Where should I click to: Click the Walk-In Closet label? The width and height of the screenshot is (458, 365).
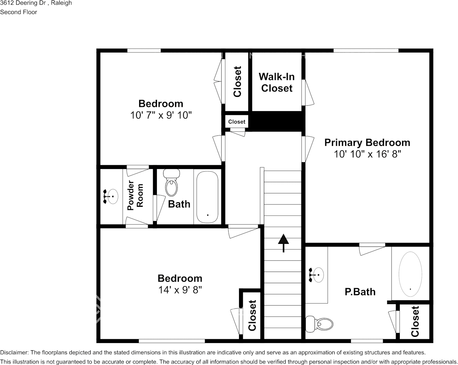click(x=277, y=83)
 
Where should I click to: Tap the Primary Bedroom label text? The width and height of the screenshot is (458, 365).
click(x=367, y=143)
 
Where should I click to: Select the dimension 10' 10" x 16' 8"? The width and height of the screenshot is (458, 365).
click(x=367, y=154)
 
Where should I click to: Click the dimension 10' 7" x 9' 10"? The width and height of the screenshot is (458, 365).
click(x=161, y=115)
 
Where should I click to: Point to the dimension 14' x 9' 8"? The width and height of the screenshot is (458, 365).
click(x=180, y=290)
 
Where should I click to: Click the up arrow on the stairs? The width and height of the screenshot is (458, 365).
click(x=283, y=243)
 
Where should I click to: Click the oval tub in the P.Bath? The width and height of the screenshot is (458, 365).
click(x=410, y=273)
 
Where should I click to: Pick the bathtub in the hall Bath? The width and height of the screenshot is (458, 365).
click(x=207, y=197)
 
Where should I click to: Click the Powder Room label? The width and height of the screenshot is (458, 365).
click(x=135, y=196)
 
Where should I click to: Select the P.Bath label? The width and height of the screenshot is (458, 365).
click(x=360, y=292)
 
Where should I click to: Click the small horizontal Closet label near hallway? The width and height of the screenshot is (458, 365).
click(x=237, y=122)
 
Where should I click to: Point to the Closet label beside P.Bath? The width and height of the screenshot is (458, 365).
click(x=415, y=321)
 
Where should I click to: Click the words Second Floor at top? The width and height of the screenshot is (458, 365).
click(x=19, y=12)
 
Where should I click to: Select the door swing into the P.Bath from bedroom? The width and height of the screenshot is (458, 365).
click(x=372, y=249)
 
